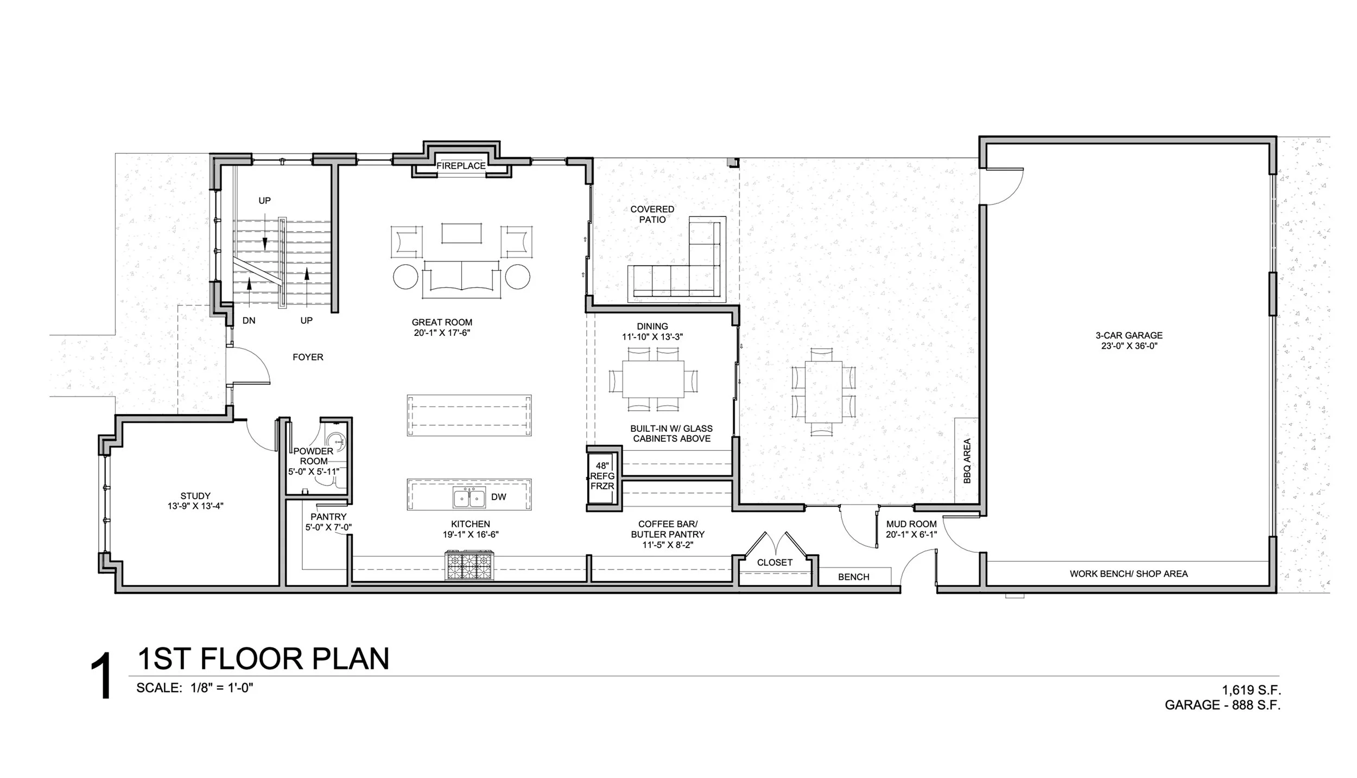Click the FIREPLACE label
[461, 166]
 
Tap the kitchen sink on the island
[470, 497]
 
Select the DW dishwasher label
[498, 497]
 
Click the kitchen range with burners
[470, 565]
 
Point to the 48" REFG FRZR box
[602, 476]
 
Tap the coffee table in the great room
[461, 233]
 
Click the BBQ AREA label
[967, 461]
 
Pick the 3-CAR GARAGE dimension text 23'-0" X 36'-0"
[1129, 346]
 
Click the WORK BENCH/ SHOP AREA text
[1128, 573]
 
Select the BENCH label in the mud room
[853, 577]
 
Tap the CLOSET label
[775, 563]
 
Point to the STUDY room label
[195, 496]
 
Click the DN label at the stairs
[249, 321]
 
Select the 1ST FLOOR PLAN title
[263, 659]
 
